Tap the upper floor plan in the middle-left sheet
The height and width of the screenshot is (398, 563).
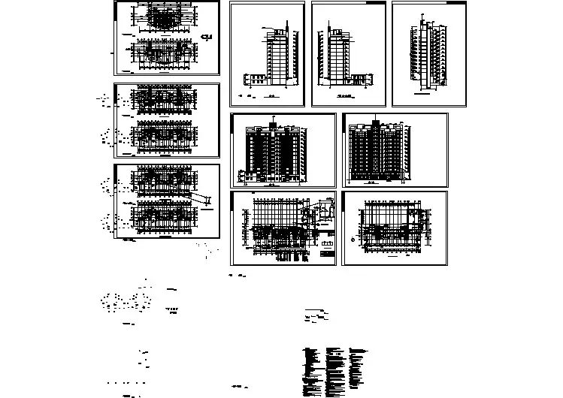tap(164, 99)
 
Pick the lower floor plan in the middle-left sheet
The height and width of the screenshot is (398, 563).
tap(164, 134)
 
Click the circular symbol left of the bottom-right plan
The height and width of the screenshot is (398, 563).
tap(353, 240)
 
